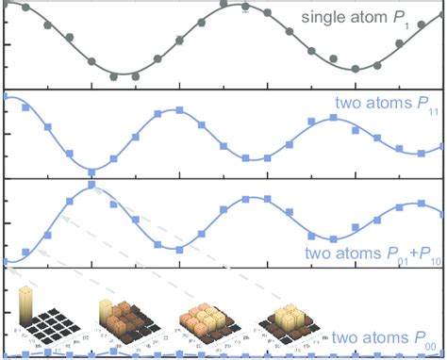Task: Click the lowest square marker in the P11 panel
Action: (x=91, y=171)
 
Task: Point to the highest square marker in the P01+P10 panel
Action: (x=91, y=186)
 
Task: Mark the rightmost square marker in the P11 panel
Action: (x=443, y=147)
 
